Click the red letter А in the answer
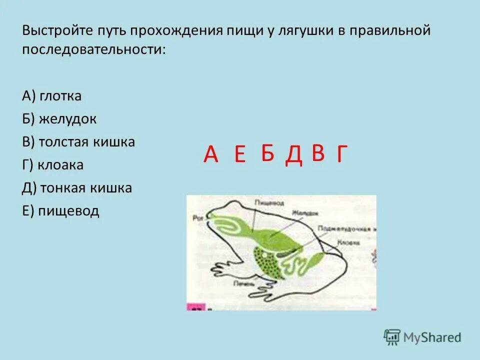[211, 155]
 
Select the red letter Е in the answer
[239, 156]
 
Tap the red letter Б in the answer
[268, 153]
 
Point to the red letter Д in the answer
[294, 155]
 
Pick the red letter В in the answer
[318, 153]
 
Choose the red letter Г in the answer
[341, 155]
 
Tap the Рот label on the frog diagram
[196, 217]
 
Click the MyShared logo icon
[392, 337]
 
